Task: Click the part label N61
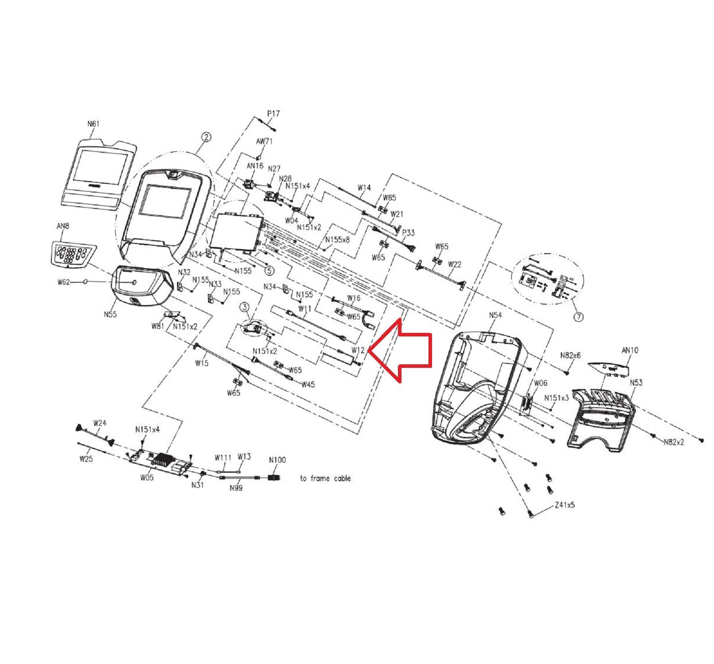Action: click(x=93, y=124)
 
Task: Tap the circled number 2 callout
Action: click(x=206, y=138)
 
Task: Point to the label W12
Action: click(x=358, y=350)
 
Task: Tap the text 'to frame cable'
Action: click(x=325, y=478)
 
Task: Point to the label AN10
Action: click(x=630, y=350)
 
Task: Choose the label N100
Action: click(x=277, y=460)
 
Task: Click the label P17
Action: click(x=274, y=114)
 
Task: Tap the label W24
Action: click(x=100, y=423)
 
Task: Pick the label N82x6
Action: click(x=570, y=355)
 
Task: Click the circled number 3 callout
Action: click(x=245, y=306)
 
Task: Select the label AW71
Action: click(x=265, y=142)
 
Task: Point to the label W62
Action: click(x=63, y=282)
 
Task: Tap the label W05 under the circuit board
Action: click(x=147, y=478)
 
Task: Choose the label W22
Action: click(x=455, y=264)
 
